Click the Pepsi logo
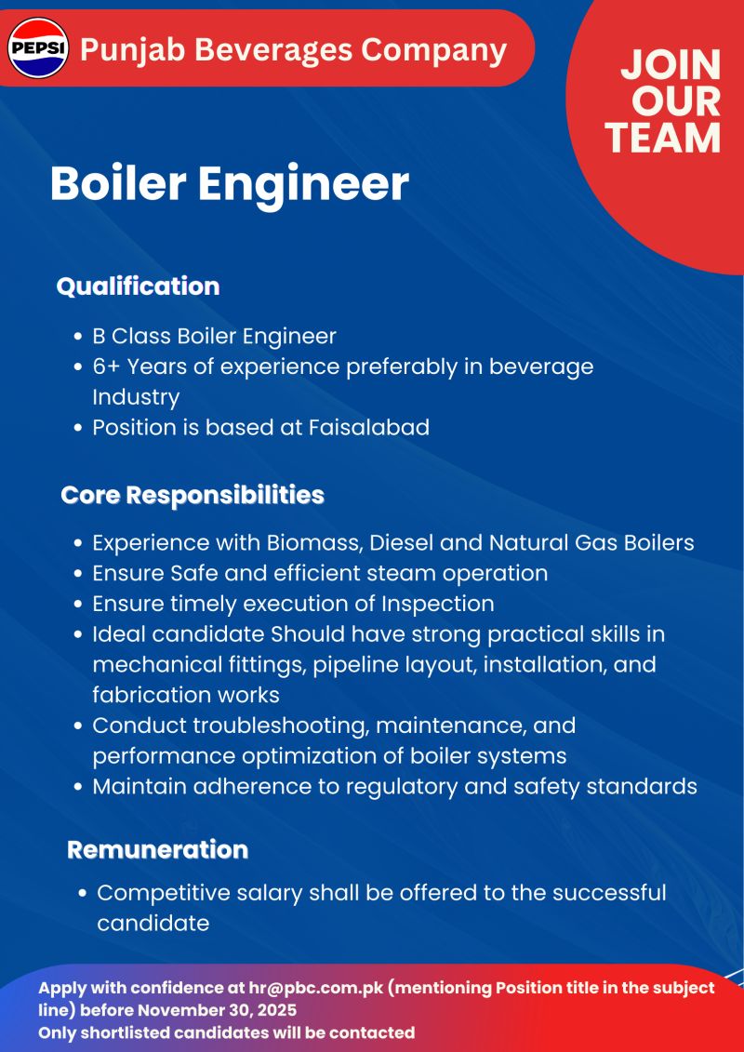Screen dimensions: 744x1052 pyautogui.click(x=37, y=47)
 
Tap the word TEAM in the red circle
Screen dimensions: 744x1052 pyautogui.click(x=663, y=139)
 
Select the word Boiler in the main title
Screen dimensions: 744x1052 pyautogui.click(x=118, y=183)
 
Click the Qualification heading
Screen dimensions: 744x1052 pyautogui.click(x=139, y=286)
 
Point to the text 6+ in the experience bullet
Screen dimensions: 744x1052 pyautogui.click(x=106, y=367)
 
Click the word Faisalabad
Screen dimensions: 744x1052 pyautogui.click(x=369, y=427)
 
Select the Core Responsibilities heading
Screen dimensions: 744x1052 pyautogui.click(x=193, y=495)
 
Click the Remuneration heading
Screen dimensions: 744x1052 pyautogui.click(x=158, y=849)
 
